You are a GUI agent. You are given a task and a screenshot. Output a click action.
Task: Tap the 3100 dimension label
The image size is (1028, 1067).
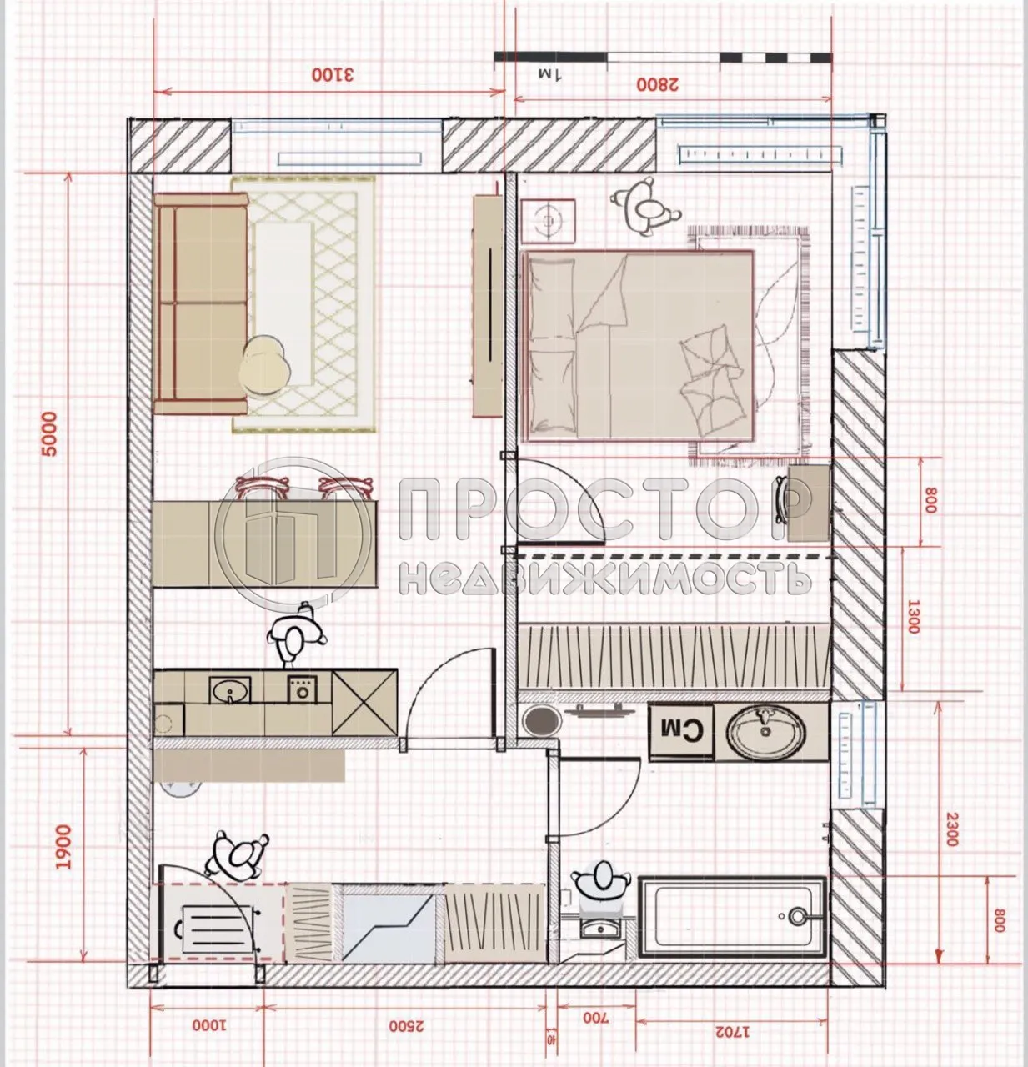click(333, 74)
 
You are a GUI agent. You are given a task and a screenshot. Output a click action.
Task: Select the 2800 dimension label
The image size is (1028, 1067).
click(659, 83)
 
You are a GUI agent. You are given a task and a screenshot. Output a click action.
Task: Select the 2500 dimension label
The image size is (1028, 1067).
click(407, 1025)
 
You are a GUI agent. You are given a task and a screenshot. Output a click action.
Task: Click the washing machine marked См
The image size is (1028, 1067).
click(680, 731)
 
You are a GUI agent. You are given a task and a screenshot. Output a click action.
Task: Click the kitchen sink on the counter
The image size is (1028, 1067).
click(229, 691)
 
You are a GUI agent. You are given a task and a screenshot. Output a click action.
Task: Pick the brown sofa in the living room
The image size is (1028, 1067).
click(201, 303)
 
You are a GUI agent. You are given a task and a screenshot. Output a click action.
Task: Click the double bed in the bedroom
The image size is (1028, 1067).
click(638, 343)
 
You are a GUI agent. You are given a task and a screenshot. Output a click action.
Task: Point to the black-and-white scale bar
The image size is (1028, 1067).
click(663, 57)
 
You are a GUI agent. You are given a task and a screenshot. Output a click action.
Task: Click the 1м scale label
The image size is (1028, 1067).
click(550, 75)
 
